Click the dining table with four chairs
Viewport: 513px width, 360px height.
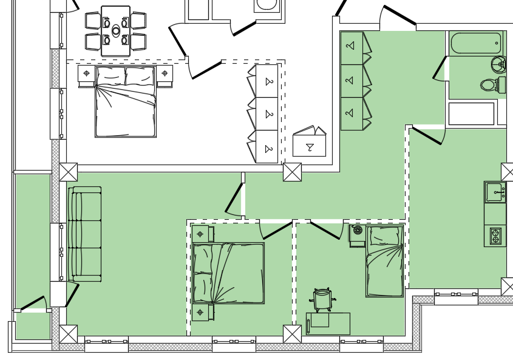[x=115, y=30]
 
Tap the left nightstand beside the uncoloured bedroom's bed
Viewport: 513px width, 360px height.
[x=86, y=73]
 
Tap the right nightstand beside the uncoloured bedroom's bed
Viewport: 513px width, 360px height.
[x=165, y=73]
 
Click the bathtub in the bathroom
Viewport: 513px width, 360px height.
[x=476, y=43]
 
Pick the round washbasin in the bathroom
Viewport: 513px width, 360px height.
[x=498, y=63]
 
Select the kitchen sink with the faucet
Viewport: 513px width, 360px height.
[x=495, y=192]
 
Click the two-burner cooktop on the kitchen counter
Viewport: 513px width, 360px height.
[x=495, y=236]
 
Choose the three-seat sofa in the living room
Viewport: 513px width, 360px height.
[x=84, y=234]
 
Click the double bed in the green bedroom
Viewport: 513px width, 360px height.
[x=229, y=273]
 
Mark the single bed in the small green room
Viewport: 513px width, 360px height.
[x=385, y=261]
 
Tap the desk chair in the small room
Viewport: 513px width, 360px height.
[x=322, y=299]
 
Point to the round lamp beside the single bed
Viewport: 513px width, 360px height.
[x=358, y=230]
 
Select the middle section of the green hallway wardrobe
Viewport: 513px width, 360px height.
[x=352, y=80]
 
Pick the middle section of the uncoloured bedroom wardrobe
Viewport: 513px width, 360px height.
[x=267, y=114]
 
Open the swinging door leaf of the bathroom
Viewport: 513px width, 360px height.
[x=440, y=68]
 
